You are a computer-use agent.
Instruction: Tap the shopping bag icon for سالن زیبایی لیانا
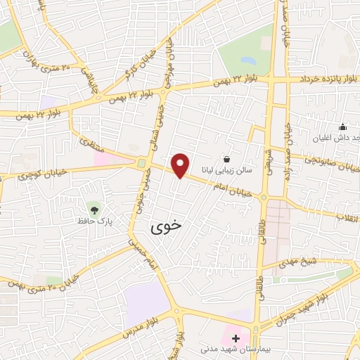226,160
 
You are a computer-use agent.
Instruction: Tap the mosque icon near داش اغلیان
342,127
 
